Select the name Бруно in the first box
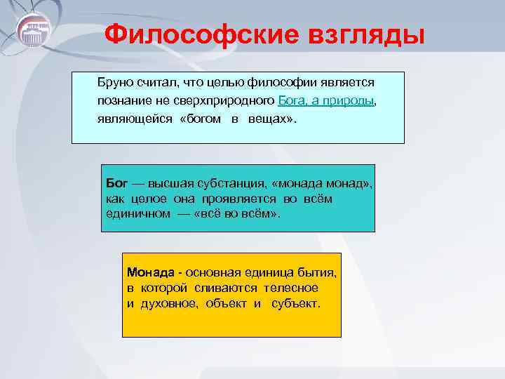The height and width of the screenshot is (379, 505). pos(115,84)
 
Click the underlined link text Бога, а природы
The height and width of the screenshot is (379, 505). pos(327,101)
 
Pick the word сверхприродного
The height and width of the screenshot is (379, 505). pos(228,101)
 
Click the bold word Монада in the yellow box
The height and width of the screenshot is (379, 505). pos(149,271)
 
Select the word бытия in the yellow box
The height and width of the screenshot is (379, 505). pos(320,271)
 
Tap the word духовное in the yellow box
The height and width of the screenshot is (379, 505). pos(166,304)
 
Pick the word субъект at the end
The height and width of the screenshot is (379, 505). pos(294,304)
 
